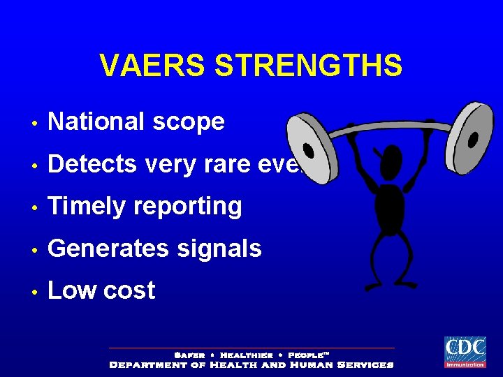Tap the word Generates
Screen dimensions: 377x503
pyautogui.click(x=108, y=249)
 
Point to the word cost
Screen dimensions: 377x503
pyautogui.click(x=129, y=291)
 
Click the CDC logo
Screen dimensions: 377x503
pyautogui.click(x=465, y=351)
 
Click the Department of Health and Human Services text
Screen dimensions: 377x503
pyautogui.click(x=251, y=364)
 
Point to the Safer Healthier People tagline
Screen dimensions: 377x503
pyautogui.click(x=251, y=355)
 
